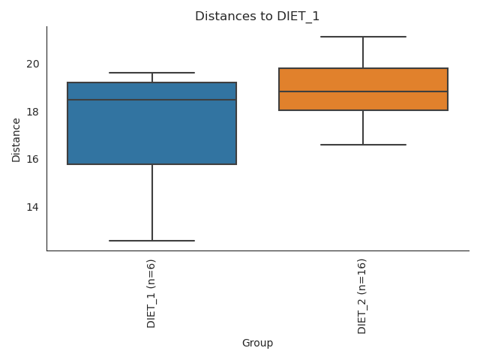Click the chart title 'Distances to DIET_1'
(x=257, y=16)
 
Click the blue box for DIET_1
(x=152, y=132)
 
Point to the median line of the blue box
(x=152, y=100)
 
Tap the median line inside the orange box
(x=363, y=91)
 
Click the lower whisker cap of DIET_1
(x=152, y=241)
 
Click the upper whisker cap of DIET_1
(x=152, y=73)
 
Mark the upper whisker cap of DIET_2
(x=363, y=37)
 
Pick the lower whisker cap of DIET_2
(x=363, y=144)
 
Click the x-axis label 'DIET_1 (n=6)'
(x=152, y=293)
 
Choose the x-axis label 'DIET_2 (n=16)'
(x=363, y=295)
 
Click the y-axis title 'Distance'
(x=16, y=138)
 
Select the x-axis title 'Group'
(x=257, y=343)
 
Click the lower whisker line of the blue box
(x=152, y=202)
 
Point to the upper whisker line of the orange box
(x=363, y=52)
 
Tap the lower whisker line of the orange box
(x=363, y=127)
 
